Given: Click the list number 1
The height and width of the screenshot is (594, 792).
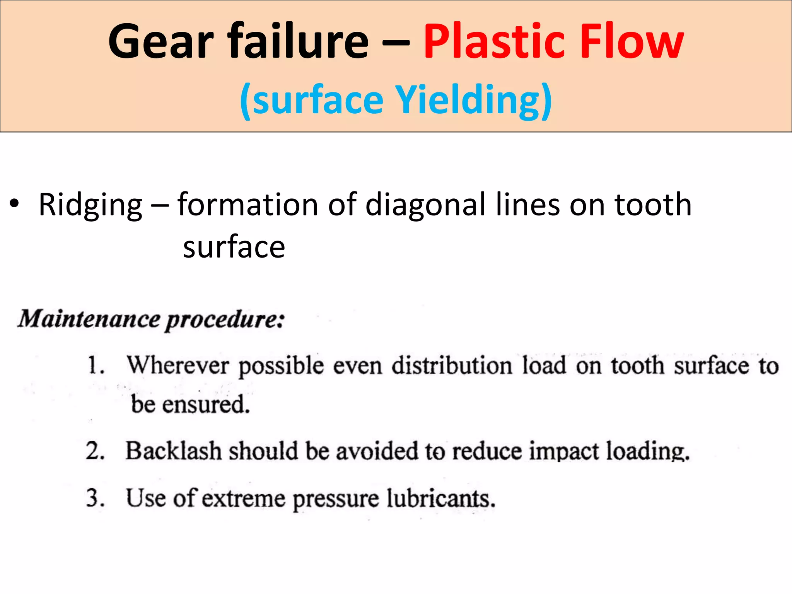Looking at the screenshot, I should (95, 365).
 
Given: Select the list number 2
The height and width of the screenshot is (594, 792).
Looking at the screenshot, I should (95, 451).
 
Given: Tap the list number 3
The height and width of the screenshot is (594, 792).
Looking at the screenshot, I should (95, 498).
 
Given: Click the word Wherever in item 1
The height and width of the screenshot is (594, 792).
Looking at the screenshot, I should (178, 365).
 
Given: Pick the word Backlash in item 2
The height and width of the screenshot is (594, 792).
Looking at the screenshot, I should (174, 451).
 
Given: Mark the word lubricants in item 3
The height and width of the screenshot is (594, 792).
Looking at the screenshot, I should (441, 498).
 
